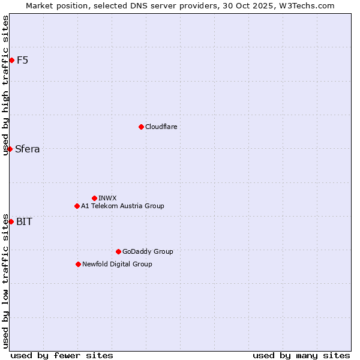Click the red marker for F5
[11, 60]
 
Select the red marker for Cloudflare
[141, 127]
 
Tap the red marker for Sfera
[10, 149]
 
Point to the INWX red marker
[94, 198]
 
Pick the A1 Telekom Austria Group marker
[77, 206]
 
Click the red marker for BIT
[11, 221]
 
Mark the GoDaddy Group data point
[118, 251]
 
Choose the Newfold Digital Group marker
[78, 264]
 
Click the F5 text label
[22, 60]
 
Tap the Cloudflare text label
[161, 127]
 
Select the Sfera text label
[28, 149]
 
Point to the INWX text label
[107, 198]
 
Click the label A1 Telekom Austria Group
[122, 206]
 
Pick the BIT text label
[24, 221]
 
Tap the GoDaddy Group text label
[148, 251]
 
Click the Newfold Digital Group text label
[117, 264]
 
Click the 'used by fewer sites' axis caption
[62, 355]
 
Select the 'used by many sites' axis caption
[301, 355]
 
